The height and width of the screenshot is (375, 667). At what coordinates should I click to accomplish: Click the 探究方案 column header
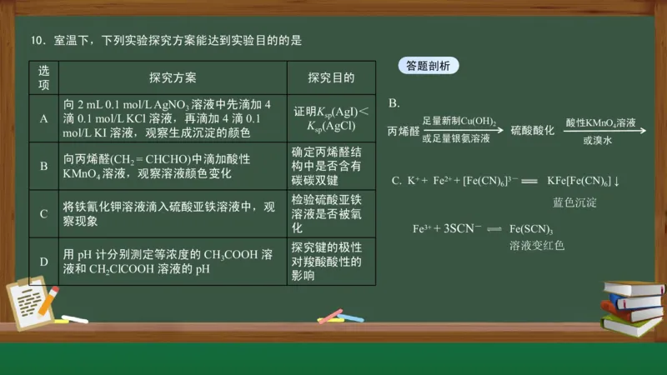173,77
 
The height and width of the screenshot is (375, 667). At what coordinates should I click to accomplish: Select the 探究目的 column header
331,77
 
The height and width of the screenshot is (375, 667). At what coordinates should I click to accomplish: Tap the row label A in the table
43,118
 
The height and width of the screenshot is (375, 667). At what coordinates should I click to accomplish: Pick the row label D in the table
43,262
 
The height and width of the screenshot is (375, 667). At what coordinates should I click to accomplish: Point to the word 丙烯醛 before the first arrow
404,131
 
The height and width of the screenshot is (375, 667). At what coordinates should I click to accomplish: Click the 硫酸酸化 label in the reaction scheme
532,131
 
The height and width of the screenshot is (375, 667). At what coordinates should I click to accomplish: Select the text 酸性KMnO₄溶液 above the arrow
600,122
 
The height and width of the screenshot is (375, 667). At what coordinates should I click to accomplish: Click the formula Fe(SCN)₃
531,229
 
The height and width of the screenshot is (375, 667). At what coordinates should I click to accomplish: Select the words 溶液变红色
537,246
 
